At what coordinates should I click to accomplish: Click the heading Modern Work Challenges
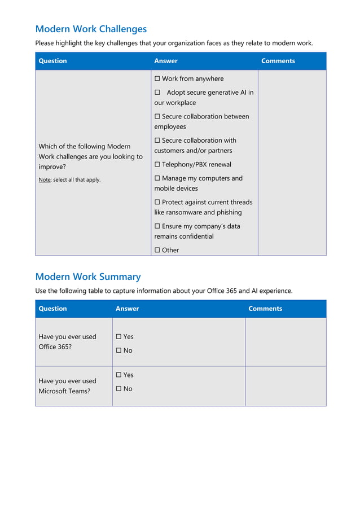91,29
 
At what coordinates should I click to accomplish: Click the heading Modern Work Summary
87,277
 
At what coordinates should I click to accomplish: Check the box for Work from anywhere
157,79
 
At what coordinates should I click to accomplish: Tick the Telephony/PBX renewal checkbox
157,165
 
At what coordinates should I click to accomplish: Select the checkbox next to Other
157,251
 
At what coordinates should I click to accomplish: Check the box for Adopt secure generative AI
157,93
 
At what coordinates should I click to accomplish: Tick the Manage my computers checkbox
157,178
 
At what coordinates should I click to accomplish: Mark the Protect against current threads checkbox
157,202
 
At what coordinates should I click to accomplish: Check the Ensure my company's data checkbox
157,226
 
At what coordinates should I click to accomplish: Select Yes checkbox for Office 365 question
119,337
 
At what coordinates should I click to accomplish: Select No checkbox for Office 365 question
119,350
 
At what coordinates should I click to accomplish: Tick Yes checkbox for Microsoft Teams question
119,375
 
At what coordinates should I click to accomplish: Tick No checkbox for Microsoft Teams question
119,389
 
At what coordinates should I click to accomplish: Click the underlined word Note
45,180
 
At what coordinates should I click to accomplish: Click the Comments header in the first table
278,61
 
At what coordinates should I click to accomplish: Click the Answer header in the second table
127,309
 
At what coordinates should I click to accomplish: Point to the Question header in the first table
52,61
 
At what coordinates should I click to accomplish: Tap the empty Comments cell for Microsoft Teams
286,386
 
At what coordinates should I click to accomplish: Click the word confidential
196,236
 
